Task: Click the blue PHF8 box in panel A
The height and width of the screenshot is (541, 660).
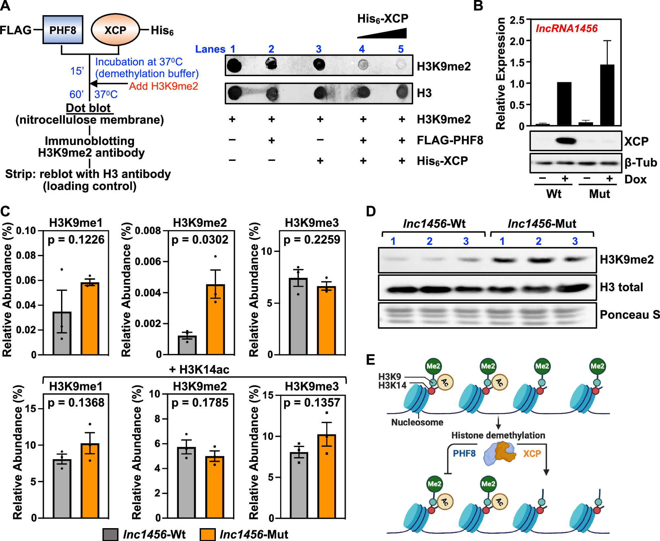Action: point(63,30)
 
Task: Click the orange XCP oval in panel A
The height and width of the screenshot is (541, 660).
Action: point(115,30)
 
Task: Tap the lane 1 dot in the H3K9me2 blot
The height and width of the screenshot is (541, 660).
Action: point(234,66)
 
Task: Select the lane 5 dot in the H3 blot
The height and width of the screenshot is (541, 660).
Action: point(402,92)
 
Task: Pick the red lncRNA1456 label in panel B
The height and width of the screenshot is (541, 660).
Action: point(566,28)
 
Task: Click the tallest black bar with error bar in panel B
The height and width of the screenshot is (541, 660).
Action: point(607,95)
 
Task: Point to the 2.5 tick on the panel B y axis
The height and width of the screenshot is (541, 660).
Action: point(517,20)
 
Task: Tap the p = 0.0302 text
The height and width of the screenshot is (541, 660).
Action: point(200,240)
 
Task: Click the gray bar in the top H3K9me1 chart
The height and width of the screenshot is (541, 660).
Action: point(62,333)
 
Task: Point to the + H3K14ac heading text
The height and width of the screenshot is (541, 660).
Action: point(199,370)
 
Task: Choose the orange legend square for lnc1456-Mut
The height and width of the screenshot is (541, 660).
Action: point(208,534)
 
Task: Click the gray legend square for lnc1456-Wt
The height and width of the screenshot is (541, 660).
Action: point(110,534)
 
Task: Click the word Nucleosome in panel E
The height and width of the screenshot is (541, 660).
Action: point(417,422)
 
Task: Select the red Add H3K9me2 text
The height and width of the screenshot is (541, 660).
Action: point(163,86)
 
